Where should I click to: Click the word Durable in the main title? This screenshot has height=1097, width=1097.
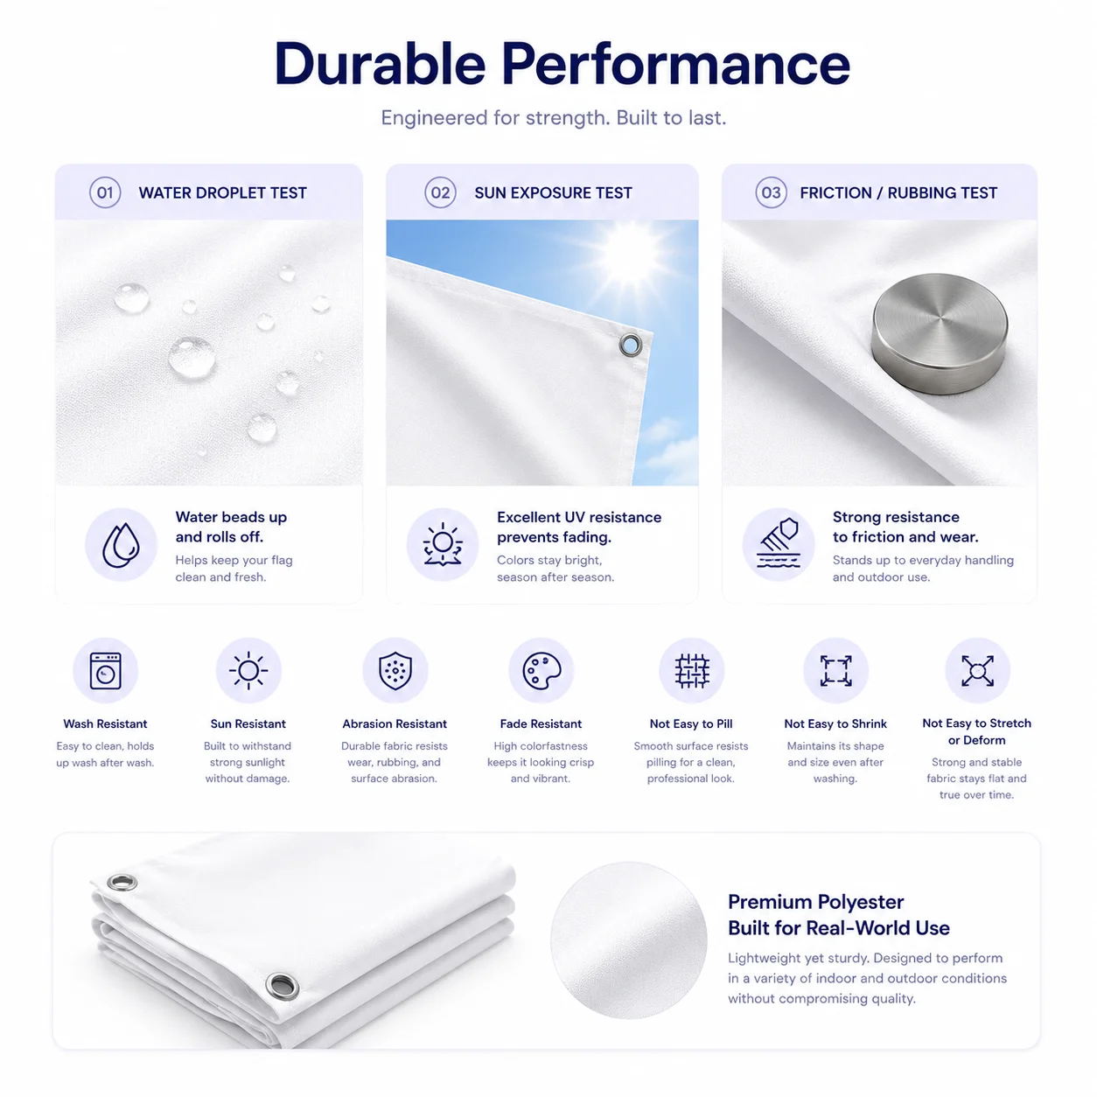(x=380, y=63)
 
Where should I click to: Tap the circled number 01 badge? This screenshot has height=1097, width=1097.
(x=105, y=192)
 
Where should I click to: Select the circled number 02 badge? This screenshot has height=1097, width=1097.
(x=440, y=192)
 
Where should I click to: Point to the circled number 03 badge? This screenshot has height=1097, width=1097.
(x=771, y=192)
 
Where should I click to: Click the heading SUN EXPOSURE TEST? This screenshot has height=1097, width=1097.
(x=553, y=193)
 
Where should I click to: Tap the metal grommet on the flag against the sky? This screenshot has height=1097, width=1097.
(x=630, y=345)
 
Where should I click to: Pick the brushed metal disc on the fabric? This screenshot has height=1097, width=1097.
(x=940, y=333)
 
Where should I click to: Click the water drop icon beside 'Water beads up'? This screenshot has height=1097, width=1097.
(x=121, y=544)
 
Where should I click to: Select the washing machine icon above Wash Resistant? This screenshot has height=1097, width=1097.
(x=105, y=670)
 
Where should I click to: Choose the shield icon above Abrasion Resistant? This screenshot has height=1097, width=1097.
(x=395, y=670)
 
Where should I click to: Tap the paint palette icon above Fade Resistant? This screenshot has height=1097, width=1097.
(x=542, y=670)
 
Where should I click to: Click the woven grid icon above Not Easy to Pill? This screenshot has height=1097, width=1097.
(x=692, y=671)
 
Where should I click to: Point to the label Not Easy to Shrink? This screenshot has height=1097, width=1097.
(x=835, y=723)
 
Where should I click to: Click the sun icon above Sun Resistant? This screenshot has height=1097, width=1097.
(x=248, y=670)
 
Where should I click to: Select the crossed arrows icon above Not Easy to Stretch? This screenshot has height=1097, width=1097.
(x=977, y=670)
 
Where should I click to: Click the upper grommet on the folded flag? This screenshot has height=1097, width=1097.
(x=122, y=883)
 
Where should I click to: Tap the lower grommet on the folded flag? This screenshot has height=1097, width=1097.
(x=283, y=985)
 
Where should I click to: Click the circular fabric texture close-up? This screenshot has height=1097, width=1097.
(x=628, y=940)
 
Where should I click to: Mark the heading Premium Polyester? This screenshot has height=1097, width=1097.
(x=815, y=902)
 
